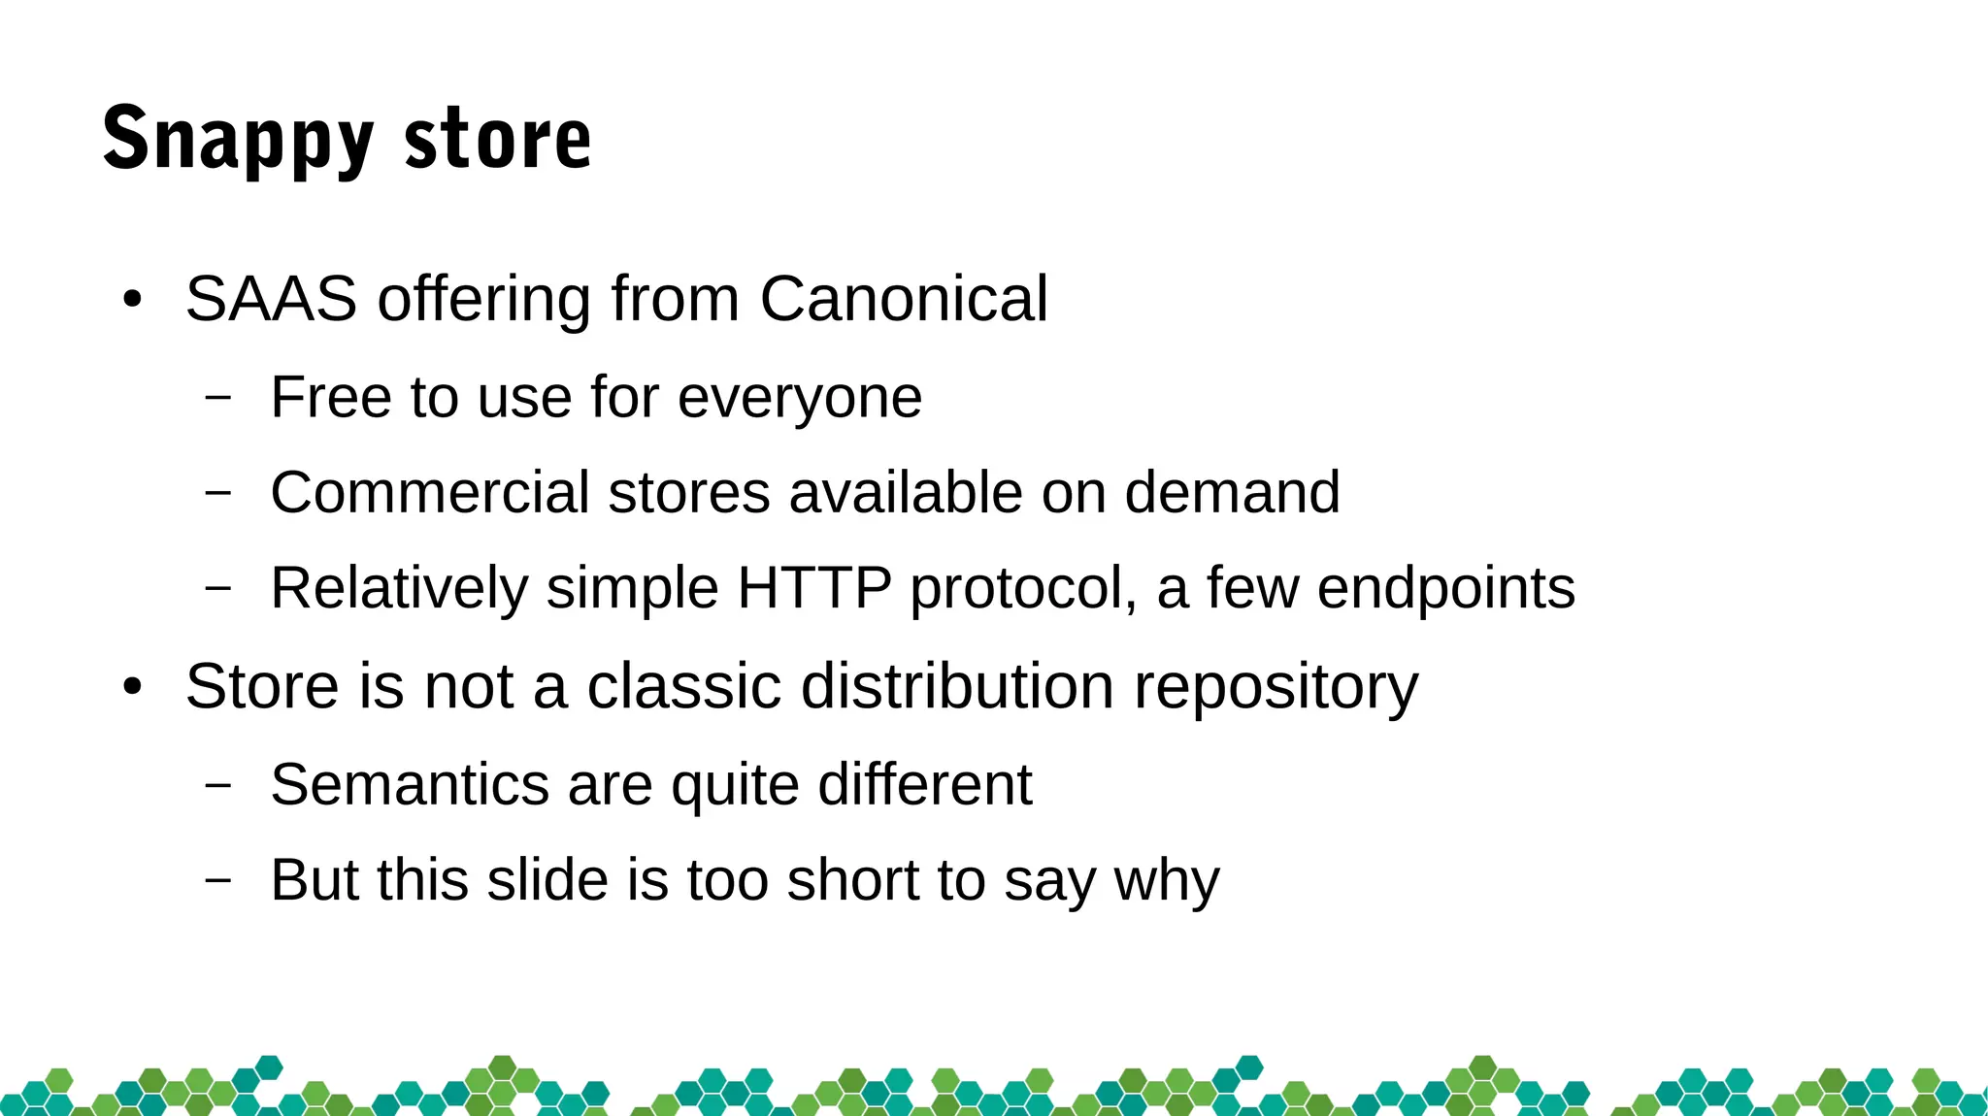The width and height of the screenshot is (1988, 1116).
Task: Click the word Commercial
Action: click(429, 492)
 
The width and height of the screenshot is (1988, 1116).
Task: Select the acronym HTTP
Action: click(813, 587)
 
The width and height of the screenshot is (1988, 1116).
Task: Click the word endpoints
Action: click(1445, 589)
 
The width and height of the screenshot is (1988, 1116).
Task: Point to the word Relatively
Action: click(398, 589)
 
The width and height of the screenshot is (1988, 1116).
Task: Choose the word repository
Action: click(1276, 688)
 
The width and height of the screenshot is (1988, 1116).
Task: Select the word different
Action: click(924, 784)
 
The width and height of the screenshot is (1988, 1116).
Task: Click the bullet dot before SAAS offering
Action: click(133, 300)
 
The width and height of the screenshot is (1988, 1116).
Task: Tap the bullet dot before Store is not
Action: click(133, 688)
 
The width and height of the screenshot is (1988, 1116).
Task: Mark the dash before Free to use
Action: click(219, 397)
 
